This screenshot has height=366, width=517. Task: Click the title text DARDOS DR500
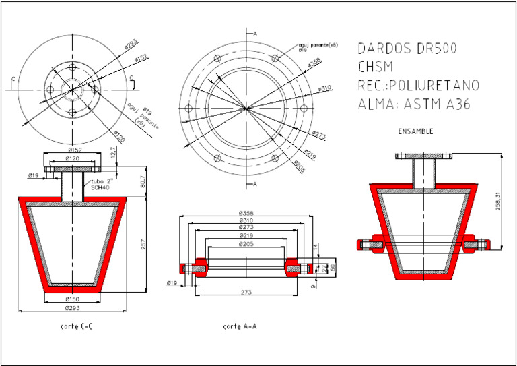tap(407, 49)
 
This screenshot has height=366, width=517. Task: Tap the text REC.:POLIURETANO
tap(418, 86)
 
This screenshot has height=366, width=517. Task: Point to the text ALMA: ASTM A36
tap(413, 104)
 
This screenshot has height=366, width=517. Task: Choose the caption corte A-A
tap(240, 326)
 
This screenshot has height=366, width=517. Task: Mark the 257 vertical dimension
tap(143, 245)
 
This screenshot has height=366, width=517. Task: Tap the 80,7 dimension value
tap(143, 183)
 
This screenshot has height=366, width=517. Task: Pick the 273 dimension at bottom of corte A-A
tap(250, 292)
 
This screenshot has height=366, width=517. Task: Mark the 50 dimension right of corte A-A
tap(331, 267)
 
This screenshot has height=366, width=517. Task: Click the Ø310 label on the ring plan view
tap(325, 88)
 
